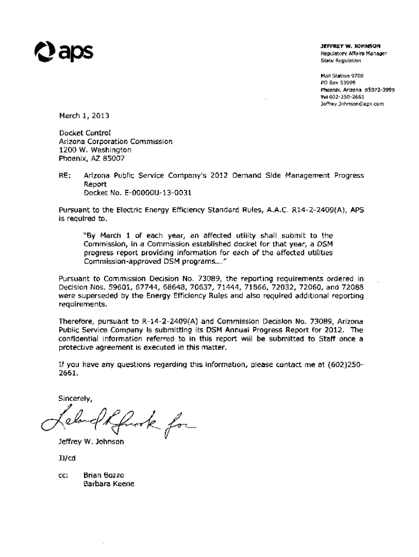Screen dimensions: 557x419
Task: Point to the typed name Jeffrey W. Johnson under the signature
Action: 91,442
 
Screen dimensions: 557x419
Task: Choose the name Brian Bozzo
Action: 104,475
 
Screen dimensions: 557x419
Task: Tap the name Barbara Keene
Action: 108,484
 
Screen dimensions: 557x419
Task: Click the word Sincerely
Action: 76,398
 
